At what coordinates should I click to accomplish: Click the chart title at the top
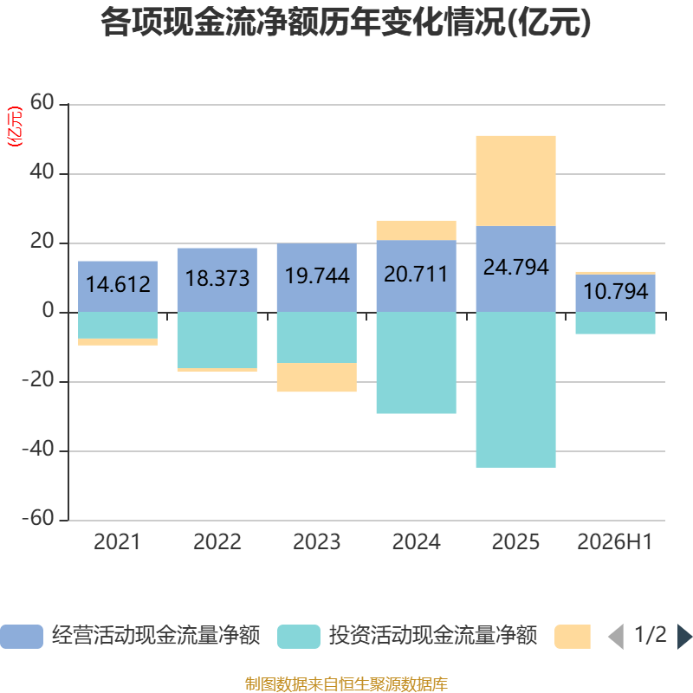point(346,23)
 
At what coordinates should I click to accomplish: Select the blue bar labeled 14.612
point(118,287)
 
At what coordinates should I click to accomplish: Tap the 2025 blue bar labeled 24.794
point(515,269)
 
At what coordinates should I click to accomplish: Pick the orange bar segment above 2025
point(515,181)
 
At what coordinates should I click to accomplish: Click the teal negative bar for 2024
point(417,363)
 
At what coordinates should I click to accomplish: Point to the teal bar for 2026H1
point(615,323)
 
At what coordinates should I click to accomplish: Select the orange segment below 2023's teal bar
point(317,377)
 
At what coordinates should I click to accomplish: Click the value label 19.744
point(317,275)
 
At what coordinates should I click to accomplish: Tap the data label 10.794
point(615,291)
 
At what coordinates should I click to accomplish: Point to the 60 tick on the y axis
point(42,102)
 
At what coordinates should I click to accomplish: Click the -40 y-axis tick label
point(38,449)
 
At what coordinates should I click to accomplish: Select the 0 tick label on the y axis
point(49,311)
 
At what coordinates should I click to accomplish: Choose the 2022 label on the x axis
point(217,542)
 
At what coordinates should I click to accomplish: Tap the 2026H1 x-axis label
point(615,542)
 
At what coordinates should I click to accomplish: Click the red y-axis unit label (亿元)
point(15,126)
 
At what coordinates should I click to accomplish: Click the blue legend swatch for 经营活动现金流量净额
point(22,637)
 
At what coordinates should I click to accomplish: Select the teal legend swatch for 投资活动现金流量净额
point(299,637)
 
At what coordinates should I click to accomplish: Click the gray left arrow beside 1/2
point(616,637)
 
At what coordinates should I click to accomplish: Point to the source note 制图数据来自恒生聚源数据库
point(346,683)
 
